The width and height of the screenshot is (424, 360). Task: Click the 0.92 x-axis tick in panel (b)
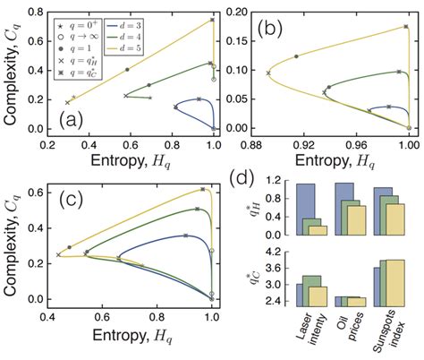[x=308, y=141]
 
